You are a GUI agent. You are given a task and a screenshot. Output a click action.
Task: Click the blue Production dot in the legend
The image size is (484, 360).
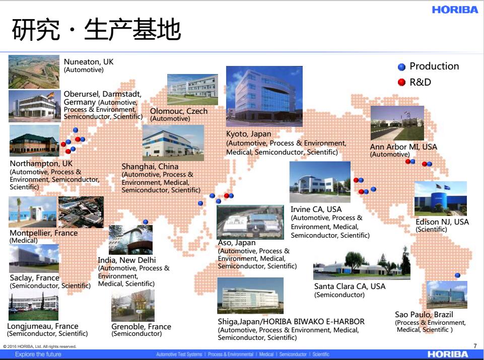pyautogui.click(x=401, y=67)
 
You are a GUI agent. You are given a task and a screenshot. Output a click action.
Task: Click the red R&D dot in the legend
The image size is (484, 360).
pyautogui.click(x=401, y=82)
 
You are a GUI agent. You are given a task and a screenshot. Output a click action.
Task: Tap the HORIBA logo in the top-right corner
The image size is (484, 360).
pyautogui.click(x=455, y=10)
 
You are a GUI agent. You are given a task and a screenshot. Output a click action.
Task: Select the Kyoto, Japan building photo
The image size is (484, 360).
pyautogui.click(x=264, y=96)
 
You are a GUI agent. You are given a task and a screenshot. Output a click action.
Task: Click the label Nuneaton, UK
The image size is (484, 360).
pyautogui.click(x=89, y=62)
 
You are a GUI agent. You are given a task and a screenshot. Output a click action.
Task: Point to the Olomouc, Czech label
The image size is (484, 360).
pyautogui.click(x=179, y=111)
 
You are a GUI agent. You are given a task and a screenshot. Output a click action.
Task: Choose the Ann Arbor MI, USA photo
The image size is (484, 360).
pyautogui.click(x=397, y=123)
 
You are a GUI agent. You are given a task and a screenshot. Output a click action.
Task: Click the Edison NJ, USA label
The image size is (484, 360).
pyautogui.click(x=442, y=222)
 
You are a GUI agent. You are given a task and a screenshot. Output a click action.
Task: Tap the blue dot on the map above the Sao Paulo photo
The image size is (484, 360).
pyautogui.click(x=457, y=275)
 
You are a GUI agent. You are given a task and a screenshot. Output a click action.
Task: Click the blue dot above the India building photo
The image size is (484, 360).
pyautogui.click(x=146, y=222)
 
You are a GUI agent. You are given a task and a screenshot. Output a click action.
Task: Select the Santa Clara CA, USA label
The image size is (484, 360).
pyautogui.click(x=350, y=286)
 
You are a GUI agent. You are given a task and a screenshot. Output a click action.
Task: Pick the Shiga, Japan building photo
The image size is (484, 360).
pyautogui.click(x=250, y=296)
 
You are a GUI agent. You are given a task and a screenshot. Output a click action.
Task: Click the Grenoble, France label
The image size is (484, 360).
pyautogui.click(x=141, y=326)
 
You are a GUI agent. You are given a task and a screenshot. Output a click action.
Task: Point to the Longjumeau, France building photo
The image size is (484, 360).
pyautogui.click(x=33, y=306)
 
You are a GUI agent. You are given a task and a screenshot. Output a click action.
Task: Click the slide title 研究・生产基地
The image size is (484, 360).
pyautogui.click(x=96, y=29)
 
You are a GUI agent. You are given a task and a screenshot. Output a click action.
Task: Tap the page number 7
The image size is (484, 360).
pyautogui.click(x=475, y=346)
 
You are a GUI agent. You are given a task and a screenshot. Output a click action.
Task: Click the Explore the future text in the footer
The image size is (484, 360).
pyautogui.click(x=38, y=354)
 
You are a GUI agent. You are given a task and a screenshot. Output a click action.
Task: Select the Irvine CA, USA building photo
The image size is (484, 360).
pyautogui.click(x=320, y=182)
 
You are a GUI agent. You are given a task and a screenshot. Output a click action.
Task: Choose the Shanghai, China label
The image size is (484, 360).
pyautogui.click(x=150, y=167)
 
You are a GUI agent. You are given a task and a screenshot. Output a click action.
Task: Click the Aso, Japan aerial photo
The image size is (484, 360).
pyautogui.click(x=250, y=222)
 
